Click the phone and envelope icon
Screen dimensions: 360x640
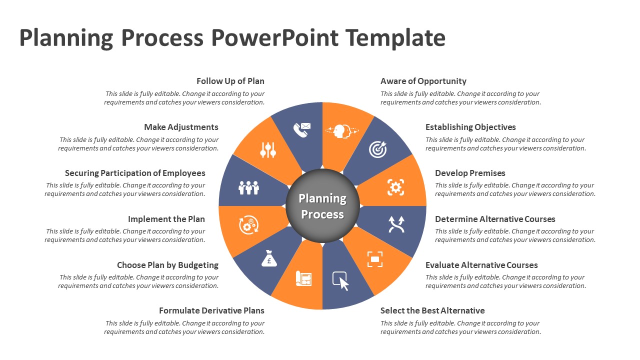pos(301,129)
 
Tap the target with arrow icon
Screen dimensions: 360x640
pos(377,149)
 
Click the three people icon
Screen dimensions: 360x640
pos(248,187)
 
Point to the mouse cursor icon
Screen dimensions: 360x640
pos(341,281)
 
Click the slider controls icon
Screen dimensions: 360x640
pos(268,150)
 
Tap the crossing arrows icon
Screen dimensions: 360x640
pos(396,224)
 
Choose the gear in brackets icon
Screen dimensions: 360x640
pos(395,187)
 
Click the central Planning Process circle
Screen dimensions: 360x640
pos(322,206)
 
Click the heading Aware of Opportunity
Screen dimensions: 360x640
pos(423,81)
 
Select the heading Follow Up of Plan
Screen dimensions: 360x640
pos(230,81)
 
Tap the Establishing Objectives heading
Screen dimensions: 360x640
pos(470,127)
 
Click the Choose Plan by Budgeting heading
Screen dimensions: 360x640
pos(167,265)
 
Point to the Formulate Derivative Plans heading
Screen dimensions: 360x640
pos(211,310)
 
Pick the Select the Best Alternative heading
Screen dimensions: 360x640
pos(432,310)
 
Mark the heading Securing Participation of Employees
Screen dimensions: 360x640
pos(135,173)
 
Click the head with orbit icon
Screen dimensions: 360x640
pos(342,130)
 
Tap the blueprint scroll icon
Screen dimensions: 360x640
pos(303,278)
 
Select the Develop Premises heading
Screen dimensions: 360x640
pos(470,173)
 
